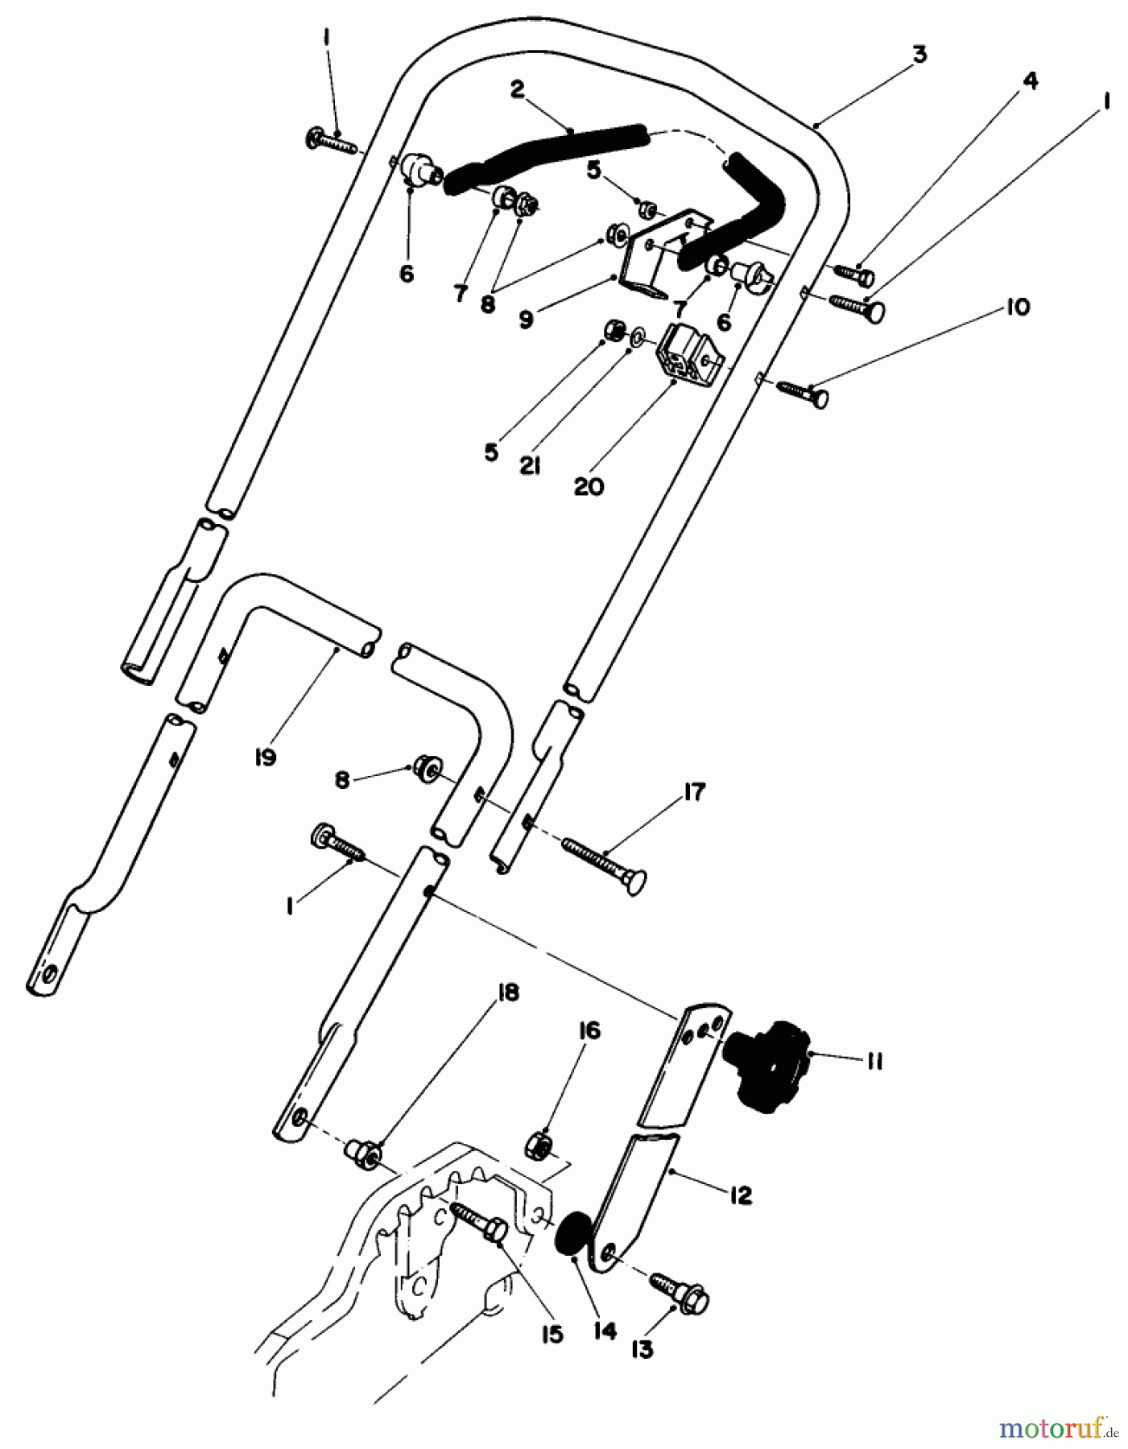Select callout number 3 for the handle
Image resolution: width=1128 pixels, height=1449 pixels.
pyautogui.click(x=919, y=55)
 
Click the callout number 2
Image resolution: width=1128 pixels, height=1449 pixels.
pyautogui.click(x=516, y=89)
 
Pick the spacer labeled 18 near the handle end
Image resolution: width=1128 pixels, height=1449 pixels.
pyautogui.click(x=363, y=1154)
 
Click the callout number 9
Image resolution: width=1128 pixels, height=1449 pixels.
pyautogui.click(x=525, y=319)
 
